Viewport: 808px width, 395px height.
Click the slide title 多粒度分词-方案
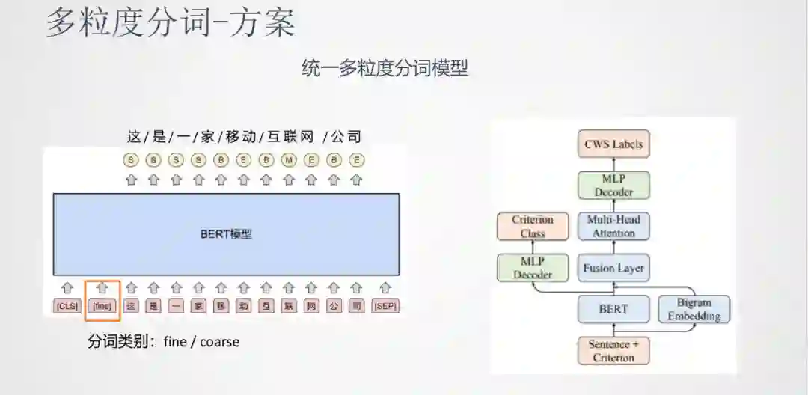171,22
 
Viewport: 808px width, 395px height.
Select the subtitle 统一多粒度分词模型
385,68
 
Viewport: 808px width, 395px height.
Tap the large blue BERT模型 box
226,234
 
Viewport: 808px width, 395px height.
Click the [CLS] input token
67,306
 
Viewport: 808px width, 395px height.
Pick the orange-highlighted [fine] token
102,306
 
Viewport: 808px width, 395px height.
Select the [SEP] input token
385,306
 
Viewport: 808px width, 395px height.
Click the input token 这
131,306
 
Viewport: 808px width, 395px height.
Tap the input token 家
198,306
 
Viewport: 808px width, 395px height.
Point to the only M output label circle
289,160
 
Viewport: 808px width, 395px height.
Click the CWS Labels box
613,144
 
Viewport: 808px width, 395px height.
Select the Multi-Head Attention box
613,227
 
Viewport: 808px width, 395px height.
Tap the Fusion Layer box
613,268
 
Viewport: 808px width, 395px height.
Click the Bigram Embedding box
694,309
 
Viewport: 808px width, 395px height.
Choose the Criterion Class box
533,227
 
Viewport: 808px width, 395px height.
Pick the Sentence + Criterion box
613,351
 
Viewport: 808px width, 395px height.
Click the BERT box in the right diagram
613,309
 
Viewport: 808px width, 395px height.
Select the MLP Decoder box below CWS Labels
613,185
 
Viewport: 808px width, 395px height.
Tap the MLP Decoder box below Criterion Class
533,268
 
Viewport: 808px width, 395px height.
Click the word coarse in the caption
219,342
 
